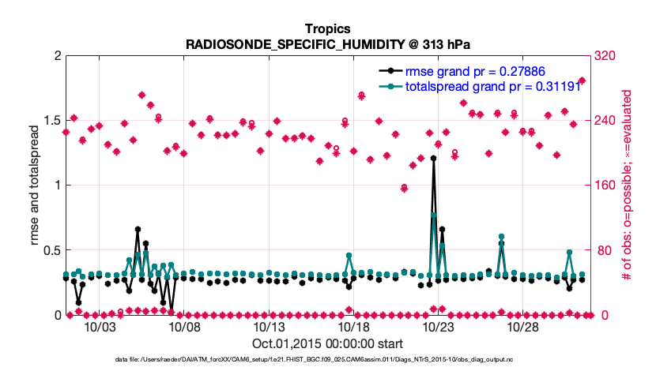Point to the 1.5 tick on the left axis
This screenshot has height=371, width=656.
[49, 121]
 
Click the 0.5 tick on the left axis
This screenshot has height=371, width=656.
[49, 250]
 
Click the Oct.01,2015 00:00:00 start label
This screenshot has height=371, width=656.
[327, 343]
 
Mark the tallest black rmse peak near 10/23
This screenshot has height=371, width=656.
[433, 158]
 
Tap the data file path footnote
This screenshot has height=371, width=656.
[327, 360]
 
